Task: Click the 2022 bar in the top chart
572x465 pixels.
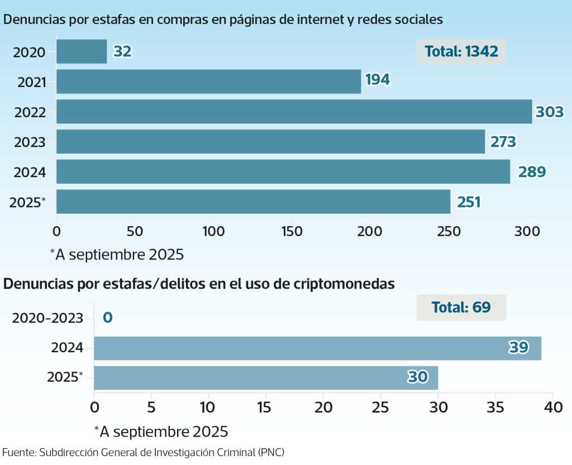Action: point(294,112)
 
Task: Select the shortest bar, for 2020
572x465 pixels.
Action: point(82,51)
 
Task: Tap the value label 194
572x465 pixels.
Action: point(378,80)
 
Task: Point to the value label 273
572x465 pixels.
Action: point(503,142)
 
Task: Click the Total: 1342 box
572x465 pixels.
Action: point(461,52)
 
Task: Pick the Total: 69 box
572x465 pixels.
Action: point(461,307)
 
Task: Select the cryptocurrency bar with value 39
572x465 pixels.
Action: point(317,348)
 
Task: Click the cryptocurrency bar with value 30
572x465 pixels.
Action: point(266,378)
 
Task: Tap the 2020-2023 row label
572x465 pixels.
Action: point(48,318)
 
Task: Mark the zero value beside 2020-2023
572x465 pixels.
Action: point(108,318)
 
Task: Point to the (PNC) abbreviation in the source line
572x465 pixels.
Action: point(275,452)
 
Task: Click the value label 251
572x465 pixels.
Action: point(469,202)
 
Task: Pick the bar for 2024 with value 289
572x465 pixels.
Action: point(283,171)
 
